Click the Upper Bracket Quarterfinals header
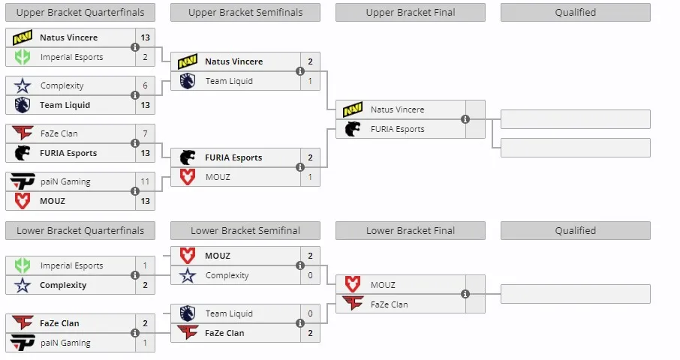pos(80,13)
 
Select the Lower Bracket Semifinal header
pos(245,230)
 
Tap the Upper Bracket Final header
pos(411,13)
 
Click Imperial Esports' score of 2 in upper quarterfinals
pos(146,57)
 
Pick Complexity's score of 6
pos(146,85)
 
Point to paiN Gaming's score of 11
pos(146,181)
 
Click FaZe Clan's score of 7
pos(146,133)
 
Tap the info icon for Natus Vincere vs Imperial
pos(135,47)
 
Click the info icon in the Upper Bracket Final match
pos(465,119)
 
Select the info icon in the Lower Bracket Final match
pos(465,294)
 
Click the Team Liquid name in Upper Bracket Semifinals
pos(229,81)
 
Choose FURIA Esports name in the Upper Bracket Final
pos(397,129)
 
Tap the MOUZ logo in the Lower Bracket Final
pos(353,284)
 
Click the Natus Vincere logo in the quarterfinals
pos(22,37)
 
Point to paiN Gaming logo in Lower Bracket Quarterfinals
pos(22,343)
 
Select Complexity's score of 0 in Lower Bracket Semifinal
pos(310,275)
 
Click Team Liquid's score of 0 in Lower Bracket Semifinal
pos(310,313)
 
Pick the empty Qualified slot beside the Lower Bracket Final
pos(576,294)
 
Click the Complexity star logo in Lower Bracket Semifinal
pos(188,275)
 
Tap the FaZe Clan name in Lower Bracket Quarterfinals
pos(59,323)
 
